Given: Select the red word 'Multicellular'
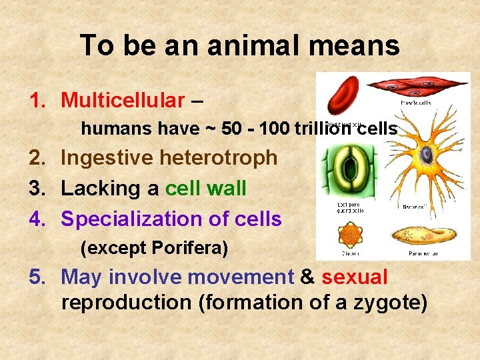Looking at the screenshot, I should tap(123, 101).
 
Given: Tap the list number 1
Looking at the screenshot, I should tap(36, 101).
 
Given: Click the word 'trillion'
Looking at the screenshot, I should tap(322, 128).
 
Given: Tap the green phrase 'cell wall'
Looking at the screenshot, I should tap(205, 189).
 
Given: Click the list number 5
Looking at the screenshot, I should tap(36, 277).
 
